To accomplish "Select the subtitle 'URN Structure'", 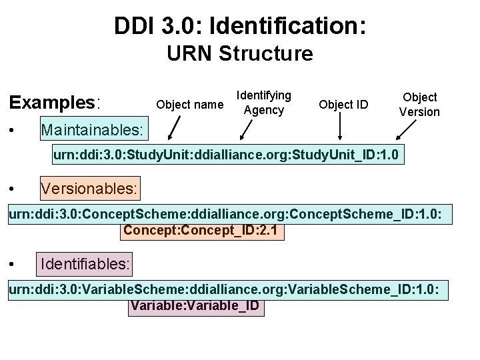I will tap(240, 53).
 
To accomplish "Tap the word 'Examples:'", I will tap(54, 103).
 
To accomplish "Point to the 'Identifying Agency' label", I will tap(264, 103).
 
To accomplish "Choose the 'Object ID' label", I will tap(343, 104).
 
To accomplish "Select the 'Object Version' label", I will tap(419, 105).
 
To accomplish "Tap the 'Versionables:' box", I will tap(89, 189).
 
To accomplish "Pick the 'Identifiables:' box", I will tap(85, 265).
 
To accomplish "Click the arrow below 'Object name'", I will tap(175, 128).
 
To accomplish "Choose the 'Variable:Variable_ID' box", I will tap(196, 307).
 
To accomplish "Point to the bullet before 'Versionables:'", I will tap(14, 190).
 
